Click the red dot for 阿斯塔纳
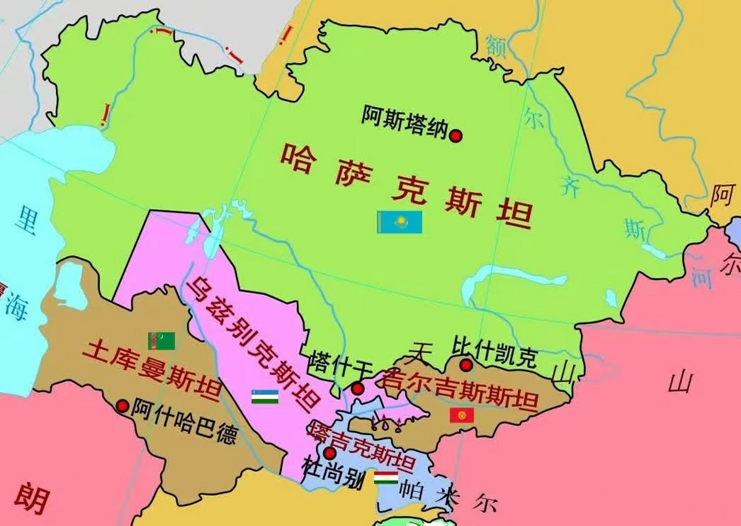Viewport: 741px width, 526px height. pyautogui.click(x=456, y=136)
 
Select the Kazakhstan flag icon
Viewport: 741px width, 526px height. pyautogui.click(x=400, y=222)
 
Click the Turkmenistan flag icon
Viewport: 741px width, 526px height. pyautogui.click(x=161, y=341)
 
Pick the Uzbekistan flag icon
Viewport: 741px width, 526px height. pyautogui.click(x=265, y=397)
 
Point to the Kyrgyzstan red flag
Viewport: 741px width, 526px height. pyautogui.click(x=462, y=415)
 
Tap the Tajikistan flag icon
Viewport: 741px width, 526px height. pyautogui.click(x=386, y=478)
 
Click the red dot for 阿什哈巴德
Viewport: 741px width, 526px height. pyautogui.click(x=122, y=406)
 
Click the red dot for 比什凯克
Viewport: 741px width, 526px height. pyautogui.click(x=466, y=365)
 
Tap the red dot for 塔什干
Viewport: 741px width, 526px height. pyautogui.click(x=358, y=388)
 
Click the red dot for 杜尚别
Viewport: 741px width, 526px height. pyautogui.click(x=329, y=453)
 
